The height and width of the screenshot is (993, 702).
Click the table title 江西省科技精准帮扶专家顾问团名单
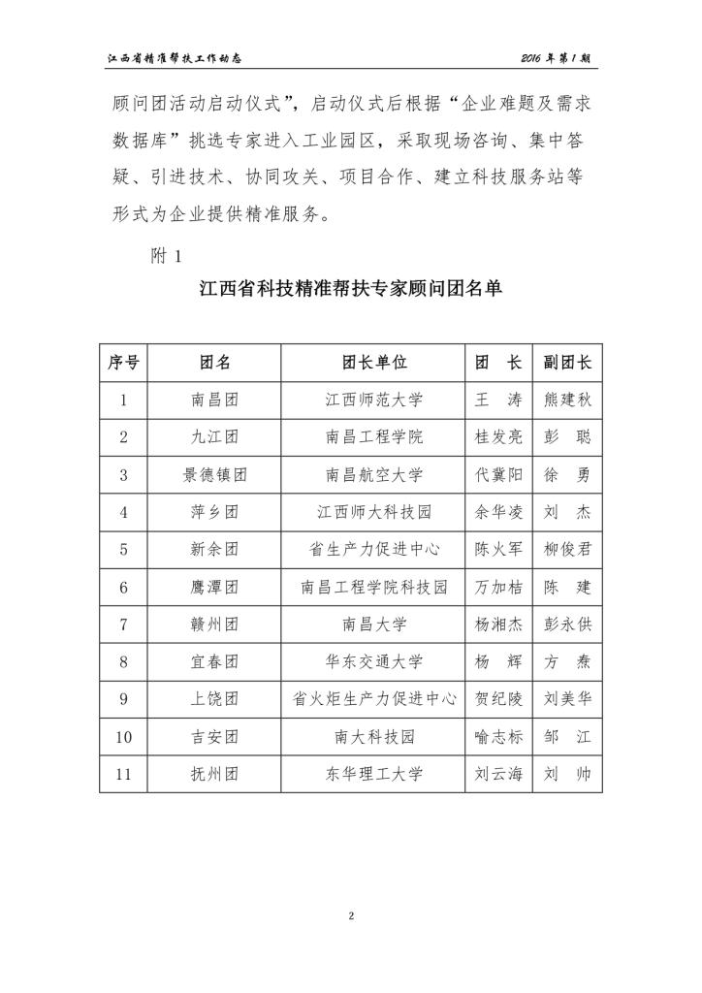(x=350, y=291)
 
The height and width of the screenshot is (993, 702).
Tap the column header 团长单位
(x=374, y=363)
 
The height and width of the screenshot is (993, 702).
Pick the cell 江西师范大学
(x=374, y=400)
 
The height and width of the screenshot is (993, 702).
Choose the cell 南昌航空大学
(x=374, y=475)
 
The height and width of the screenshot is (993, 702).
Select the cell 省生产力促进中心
(x=374, y=550)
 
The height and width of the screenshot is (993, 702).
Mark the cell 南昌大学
(x=374, y=625)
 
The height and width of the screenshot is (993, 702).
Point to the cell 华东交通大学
(x=374, y=662)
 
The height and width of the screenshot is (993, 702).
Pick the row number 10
(x=123, y=737)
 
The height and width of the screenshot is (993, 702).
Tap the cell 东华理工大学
(x=374, y=775)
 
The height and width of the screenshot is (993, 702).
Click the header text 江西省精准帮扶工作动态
(x=174, y=58)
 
